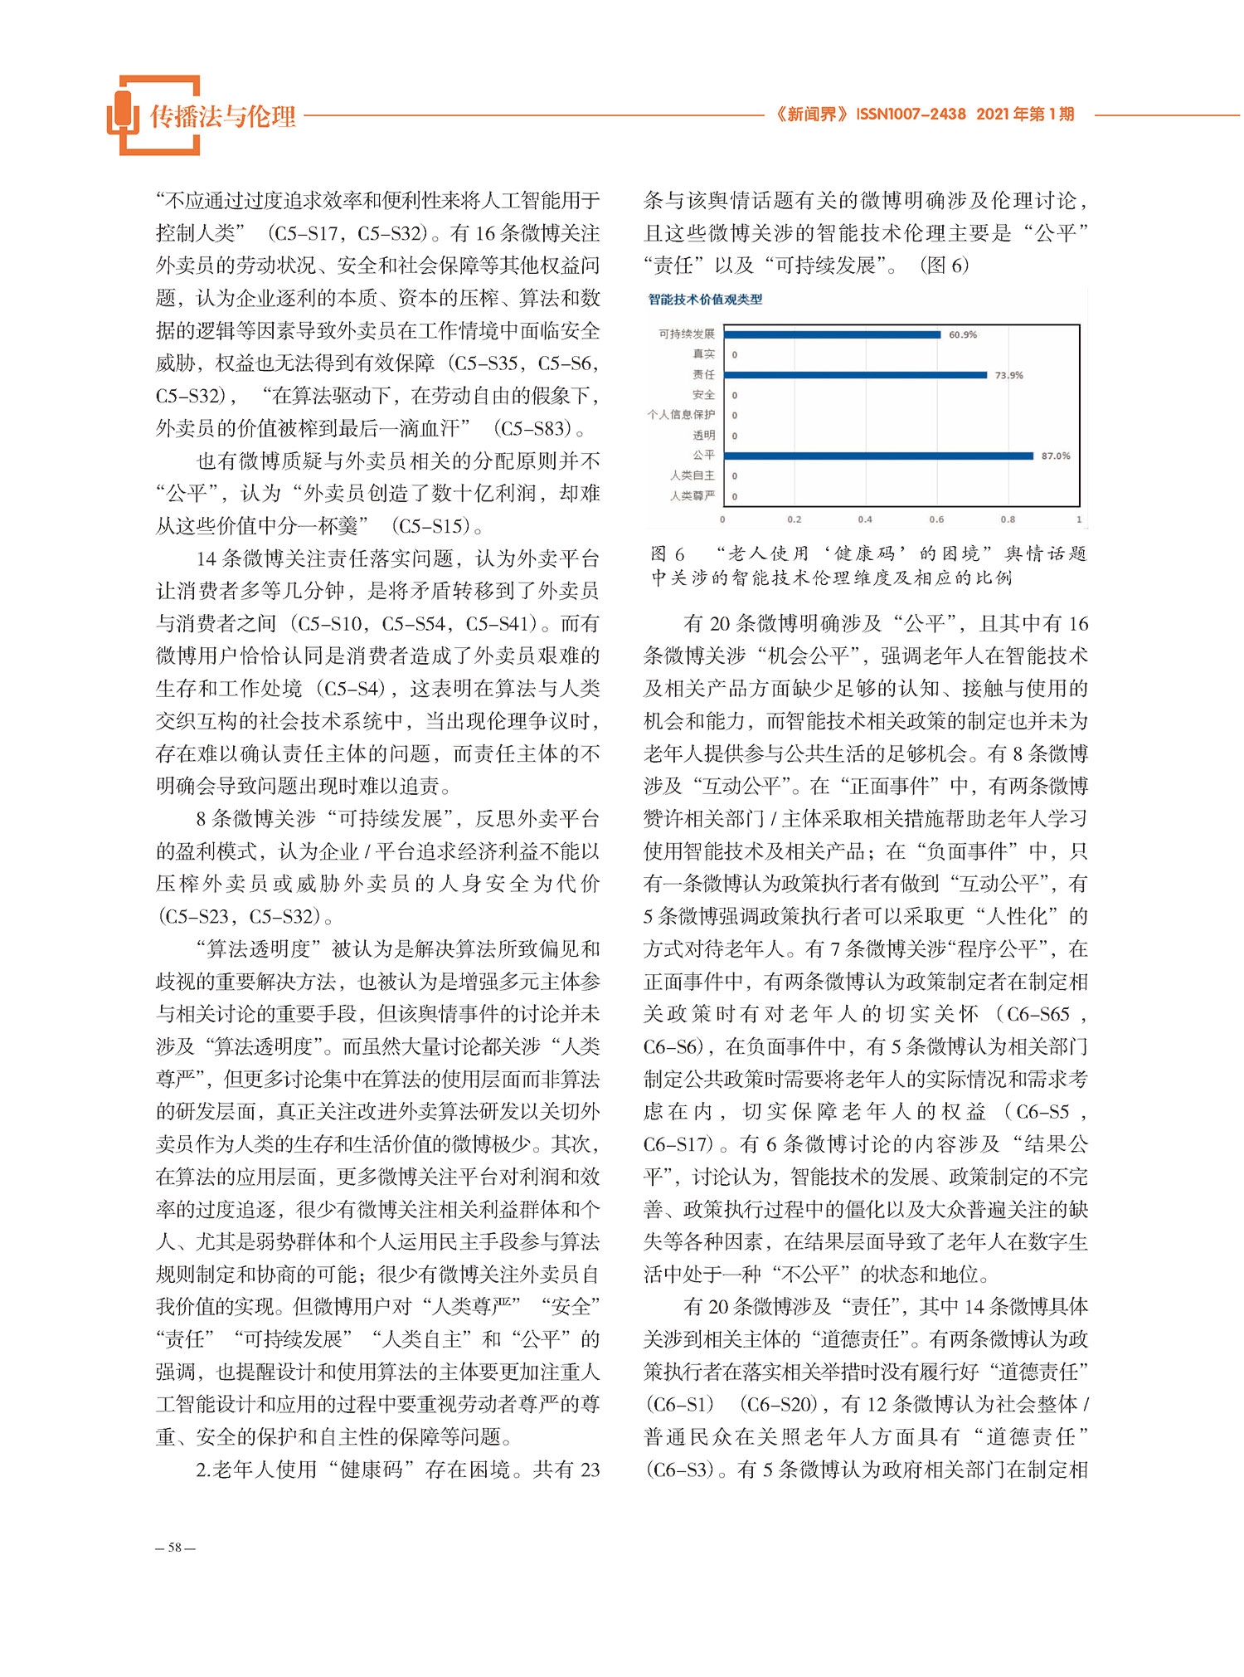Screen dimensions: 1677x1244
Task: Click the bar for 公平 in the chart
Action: tap(878, 456)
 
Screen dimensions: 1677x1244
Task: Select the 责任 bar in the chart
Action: tap(855, 375)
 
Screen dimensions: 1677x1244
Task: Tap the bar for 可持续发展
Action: tap(832, 334)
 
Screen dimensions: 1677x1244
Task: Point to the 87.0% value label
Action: tap(1055, 456)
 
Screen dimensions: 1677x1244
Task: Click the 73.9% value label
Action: tap(1008, 376)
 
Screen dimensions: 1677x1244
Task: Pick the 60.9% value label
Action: tap(962, 335)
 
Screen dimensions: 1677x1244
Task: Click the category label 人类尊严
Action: tap(692, 496)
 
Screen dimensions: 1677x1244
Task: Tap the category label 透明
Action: tap(703, 435)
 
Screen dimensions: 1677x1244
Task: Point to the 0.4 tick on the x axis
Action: tap(865, 519)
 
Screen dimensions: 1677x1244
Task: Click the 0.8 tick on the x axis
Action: tap(1008, 519)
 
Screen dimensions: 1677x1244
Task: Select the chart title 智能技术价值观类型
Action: tap(705, 300)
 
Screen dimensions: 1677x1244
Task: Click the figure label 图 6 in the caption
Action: tap(668, 553)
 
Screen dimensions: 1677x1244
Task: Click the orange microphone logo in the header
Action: tap(123, 115)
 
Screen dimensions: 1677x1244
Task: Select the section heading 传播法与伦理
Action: tap(222, 117)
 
